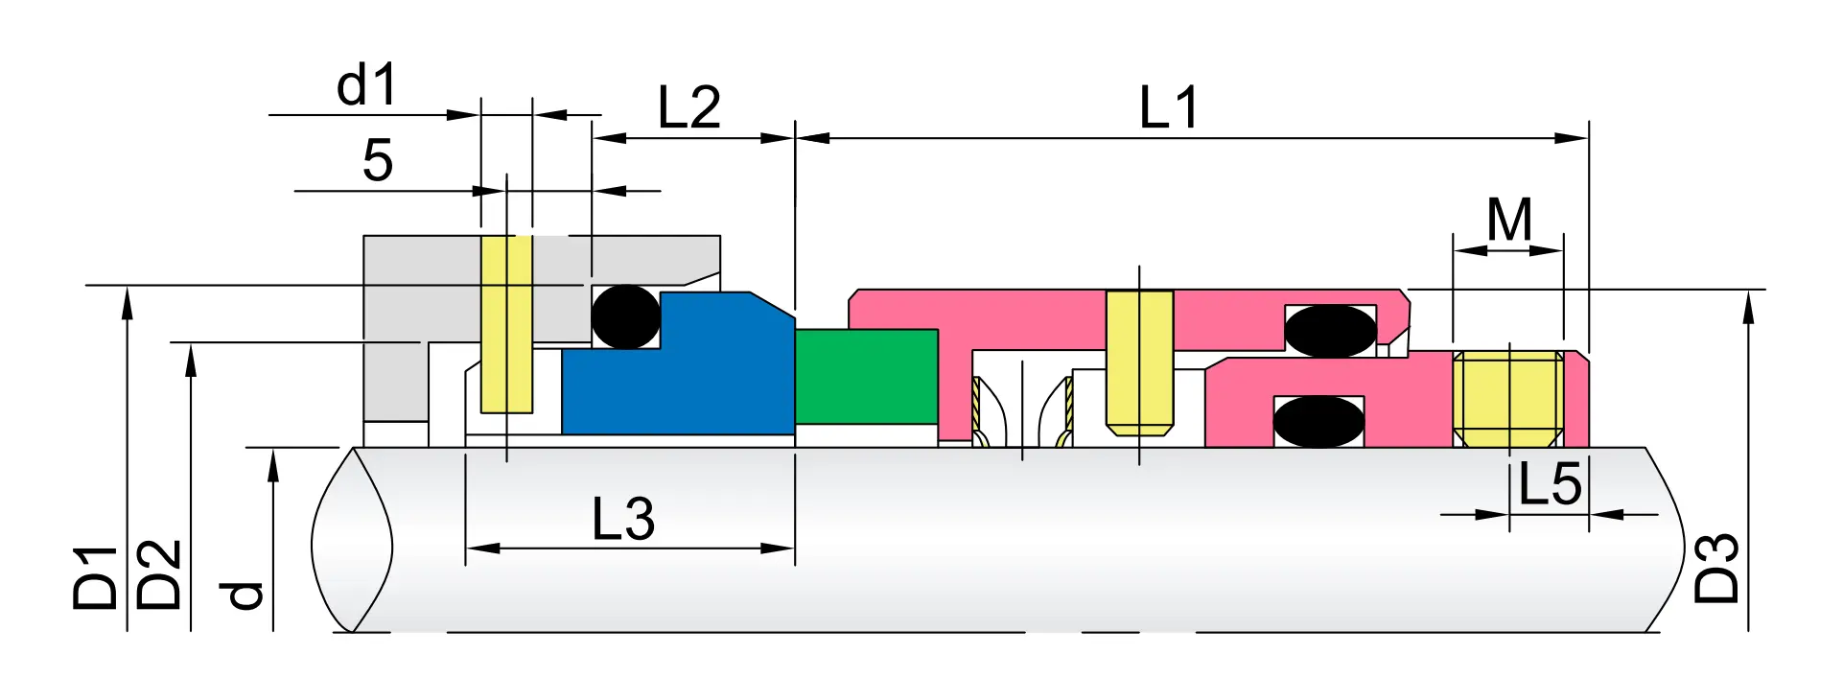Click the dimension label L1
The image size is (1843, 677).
point(1169,107)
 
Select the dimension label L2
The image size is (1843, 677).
point(688,107)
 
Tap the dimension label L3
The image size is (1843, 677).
point(623,520)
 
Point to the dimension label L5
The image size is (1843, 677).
point(1550,484)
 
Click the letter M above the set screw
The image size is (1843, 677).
point(1509,221)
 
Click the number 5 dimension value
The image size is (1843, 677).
point(377,160)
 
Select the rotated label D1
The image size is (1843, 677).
point(96,577)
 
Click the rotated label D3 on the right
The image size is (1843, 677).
point(1716,568)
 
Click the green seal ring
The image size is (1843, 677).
point(866,376)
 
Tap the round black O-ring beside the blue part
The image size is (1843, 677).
point(625,316)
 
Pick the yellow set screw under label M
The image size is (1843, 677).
point(1508,398)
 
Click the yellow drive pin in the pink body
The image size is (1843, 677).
point(1139,360)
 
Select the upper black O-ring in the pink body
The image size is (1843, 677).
point(1330,331)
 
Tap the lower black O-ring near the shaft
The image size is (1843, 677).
point(1318,421)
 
